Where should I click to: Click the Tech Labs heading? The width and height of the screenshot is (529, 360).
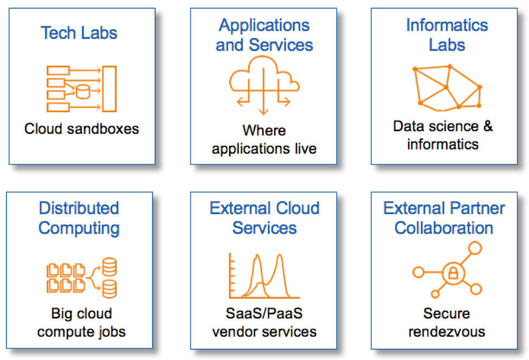pos(79,33)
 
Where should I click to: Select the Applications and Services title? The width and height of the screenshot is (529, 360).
pos(264,35)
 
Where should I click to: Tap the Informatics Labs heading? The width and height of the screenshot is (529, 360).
pos(447,35)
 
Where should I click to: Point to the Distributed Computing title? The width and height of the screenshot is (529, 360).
pos(79,218)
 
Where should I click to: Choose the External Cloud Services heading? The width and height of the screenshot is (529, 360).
pos(265,218)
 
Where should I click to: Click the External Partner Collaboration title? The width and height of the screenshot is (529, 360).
pos(444,218)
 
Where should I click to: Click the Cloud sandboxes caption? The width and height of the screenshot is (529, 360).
pos(81,128)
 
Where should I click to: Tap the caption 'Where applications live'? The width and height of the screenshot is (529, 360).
pos(264,139)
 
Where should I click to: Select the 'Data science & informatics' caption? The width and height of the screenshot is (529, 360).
pos(443,135)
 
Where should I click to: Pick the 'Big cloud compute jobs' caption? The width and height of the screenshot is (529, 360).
pos(81,323)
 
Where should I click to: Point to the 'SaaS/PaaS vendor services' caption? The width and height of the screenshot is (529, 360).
pos(264,323)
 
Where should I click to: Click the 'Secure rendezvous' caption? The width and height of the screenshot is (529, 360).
pos(447,323)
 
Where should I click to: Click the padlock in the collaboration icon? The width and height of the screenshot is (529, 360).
pos(453,273)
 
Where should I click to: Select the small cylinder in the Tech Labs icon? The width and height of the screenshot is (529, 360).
pos(83,92)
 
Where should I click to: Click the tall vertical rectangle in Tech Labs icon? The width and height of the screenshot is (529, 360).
pos(109,89)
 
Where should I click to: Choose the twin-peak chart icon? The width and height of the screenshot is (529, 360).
pos(264,276)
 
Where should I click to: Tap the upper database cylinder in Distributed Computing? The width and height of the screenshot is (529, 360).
pos(110,267)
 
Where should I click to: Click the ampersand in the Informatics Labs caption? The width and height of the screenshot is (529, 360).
pos(488,126)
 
